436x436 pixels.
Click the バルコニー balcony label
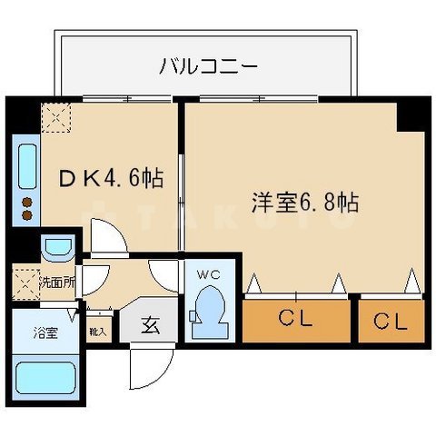coord(208,65)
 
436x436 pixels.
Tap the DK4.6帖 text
coord(111,178)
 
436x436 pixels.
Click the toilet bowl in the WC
coord(209,308)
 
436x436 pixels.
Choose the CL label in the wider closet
coord(296,321)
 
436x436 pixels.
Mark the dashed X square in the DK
coord(57,117)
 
